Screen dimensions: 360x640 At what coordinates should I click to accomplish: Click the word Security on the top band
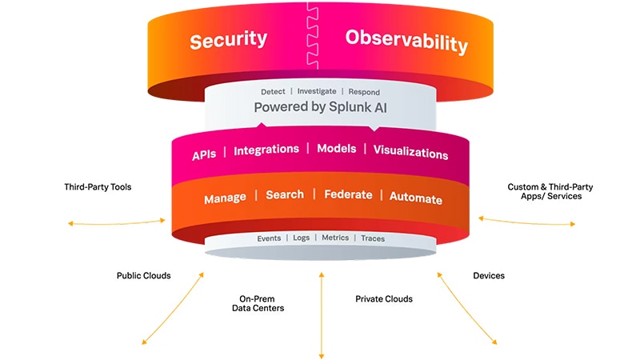(229, 41)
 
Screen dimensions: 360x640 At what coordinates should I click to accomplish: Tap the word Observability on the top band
(406, 41)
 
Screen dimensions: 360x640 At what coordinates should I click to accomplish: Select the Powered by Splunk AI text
(320, 106)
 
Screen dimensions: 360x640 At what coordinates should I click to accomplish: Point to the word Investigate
(315, 92)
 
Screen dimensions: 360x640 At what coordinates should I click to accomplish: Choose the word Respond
(364, 92)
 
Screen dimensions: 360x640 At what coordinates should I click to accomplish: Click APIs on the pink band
(205, 152)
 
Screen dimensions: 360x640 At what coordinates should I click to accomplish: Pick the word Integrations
(266, 150)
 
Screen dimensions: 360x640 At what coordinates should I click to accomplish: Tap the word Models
(337, 150)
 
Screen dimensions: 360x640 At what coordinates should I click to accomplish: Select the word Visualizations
(410, 152)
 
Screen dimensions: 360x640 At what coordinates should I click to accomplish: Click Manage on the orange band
(225, 197)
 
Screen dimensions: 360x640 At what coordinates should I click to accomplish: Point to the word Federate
(348, 194)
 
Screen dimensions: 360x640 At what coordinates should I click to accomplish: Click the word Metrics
(335, 238)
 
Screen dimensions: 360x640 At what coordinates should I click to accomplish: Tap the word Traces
(373, 238)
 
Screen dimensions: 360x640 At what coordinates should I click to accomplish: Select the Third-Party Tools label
(98, 187)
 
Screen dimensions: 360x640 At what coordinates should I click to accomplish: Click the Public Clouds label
(144, 276)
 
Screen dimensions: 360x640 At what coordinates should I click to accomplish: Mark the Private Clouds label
(384, 299)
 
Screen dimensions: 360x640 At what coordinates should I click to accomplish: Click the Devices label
(489, 276)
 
